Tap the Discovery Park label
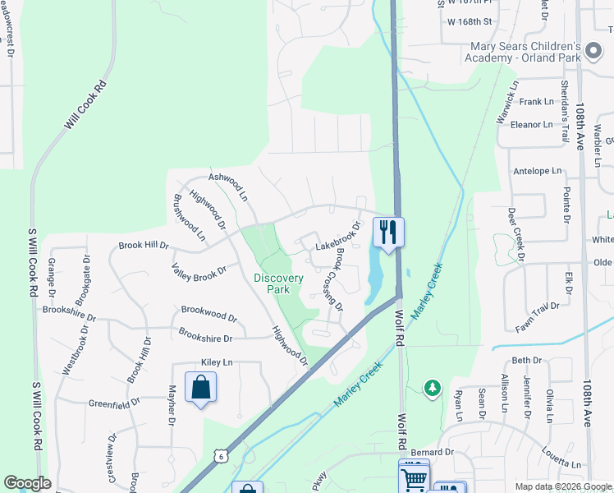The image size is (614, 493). pos(278,283)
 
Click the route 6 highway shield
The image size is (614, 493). pos(219,455)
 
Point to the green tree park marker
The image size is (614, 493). pos(432,387)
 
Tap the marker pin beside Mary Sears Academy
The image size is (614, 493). pos(593,53)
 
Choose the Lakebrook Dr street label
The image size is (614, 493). pos(338,237)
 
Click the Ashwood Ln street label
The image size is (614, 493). pos(227,187)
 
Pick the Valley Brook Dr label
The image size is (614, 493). pos(199,272)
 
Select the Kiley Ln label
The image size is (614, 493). pos(217,362)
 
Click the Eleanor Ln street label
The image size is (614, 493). pos(532,125)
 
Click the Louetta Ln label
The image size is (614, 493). pos(561,457)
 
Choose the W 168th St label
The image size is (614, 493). pos(470,21)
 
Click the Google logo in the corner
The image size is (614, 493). pos(27,483)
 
